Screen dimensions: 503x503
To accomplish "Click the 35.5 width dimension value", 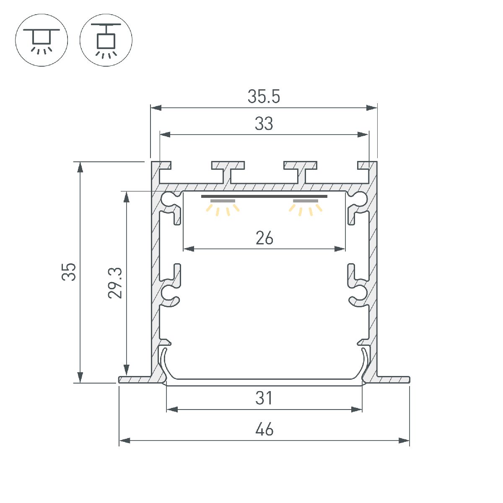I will click(264, 97).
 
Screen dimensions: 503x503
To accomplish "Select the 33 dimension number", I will click(264, 124).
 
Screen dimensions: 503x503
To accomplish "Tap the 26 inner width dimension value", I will click(264, 239).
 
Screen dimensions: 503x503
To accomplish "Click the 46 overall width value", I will click(264, 430).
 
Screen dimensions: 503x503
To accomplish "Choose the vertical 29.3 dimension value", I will click(115, 283).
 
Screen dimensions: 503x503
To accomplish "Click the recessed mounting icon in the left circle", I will click(41, 40).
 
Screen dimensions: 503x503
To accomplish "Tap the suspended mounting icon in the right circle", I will click(106, 40).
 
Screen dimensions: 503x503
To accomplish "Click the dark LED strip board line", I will click(264, 196).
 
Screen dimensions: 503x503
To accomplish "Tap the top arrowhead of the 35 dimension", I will click(80, 166).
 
